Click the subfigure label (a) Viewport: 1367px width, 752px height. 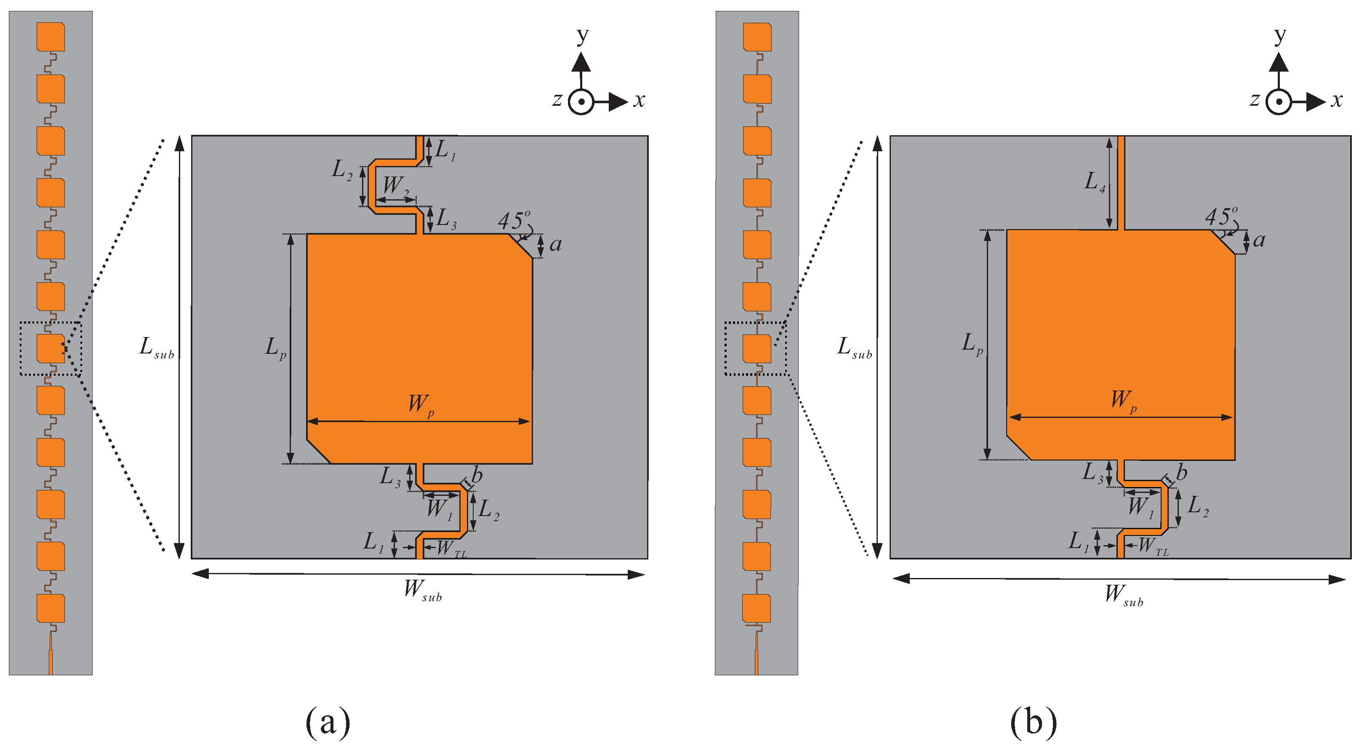coord(328,722)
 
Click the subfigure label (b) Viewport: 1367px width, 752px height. coord(1033,722)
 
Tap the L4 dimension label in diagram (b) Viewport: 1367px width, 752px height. coord(1094,182)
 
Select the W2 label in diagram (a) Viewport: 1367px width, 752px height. coord(396,186)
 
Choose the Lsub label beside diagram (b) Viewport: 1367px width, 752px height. coord(854,348)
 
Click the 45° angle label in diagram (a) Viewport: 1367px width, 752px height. coord(513,220)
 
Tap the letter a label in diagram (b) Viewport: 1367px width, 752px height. coord(1259,241)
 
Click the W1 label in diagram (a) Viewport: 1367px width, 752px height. coord(440,509)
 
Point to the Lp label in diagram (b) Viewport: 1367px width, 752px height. coord(972,344)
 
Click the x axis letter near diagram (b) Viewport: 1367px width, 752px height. coord(1336,100)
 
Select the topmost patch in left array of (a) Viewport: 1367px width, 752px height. coord(51,37)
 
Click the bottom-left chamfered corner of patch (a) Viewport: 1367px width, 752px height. coord(318,452)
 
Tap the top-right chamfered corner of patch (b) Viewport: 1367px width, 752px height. coord(1223,242)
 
